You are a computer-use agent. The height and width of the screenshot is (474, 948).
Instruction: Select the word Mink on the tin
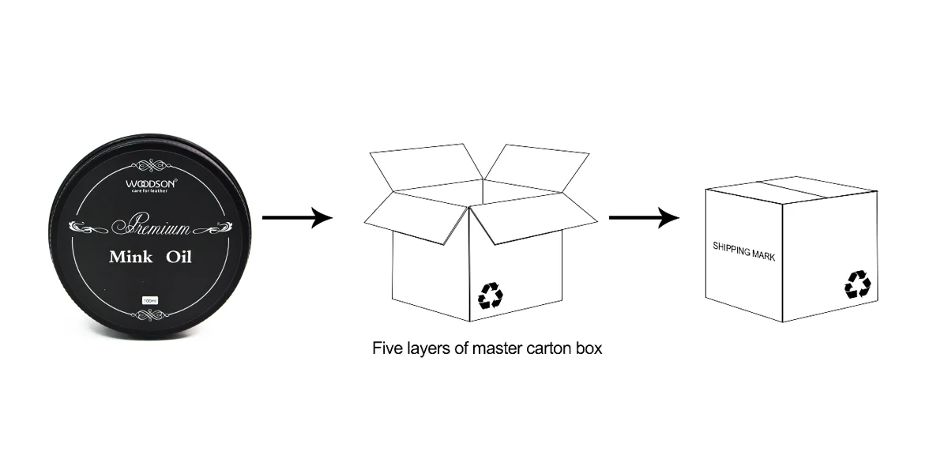pyautogui.click(x=130, y=257)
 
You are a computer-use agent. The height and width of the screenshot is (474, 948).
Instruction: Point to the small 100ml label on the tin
pyautogui.click(x=149, y=300)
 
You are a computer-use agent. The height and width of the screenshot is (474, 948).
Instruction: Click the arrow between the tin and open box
pyautogui.click(x=297, y=219)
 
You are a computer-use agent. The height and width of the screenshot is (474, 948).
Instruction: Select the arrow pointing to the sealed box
pyautogui.click(x=644, y=219)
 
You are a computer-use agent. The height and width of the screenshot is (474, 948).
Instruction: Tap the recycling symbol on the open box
pyautogui.click(x=490, y=296)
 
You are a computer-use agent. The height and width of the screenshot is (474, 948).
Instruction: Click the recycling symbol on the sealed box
pyautogui.click(x=857, y=284)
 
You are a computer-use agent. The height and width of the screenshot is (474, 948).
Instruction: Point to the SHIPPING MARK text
pyautogui.click(x=743, y=251)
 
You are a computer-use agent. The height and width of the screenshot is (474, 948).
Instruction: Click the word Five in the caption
pyautogui.click(x=387, y=348)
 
